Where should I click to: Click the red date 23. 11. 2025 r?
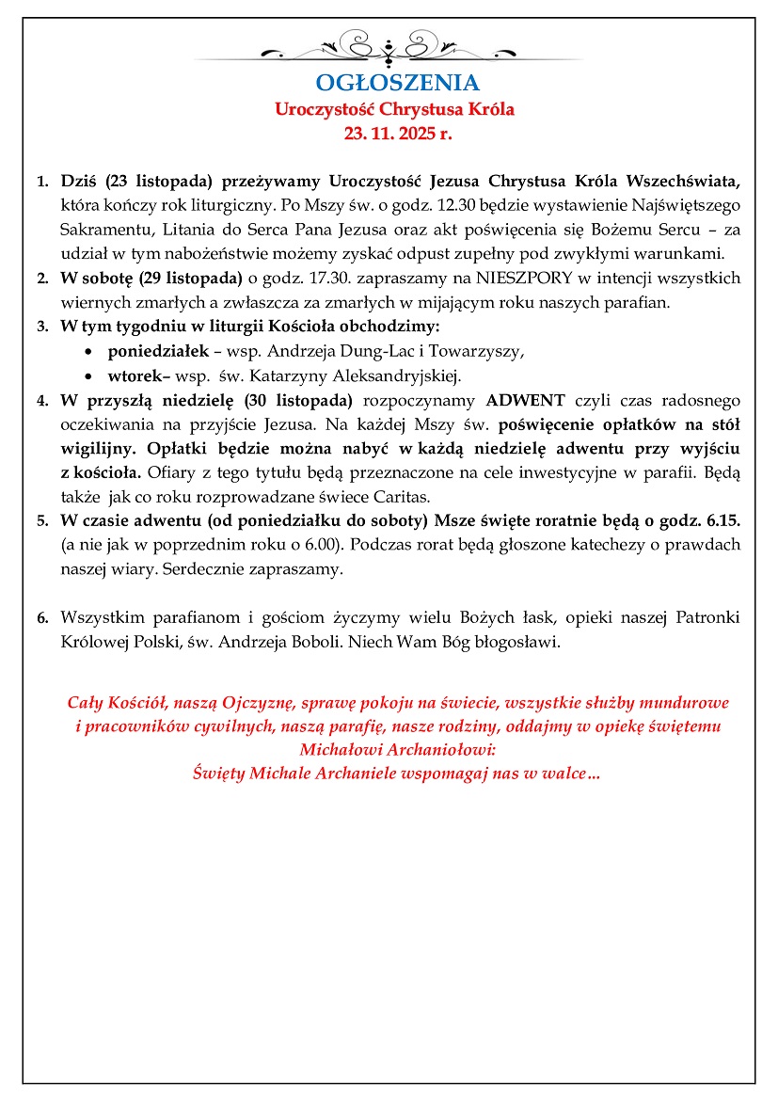pos(397,133)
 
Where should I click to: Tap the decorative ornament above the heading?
pos(395,46)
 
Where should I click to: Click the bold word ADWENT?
pos(525,399)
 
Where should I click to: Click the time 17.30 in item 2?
pos(321,278)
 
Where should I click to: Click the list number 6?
pos(42,619)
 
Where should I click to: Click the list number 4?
pos(42,400)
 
